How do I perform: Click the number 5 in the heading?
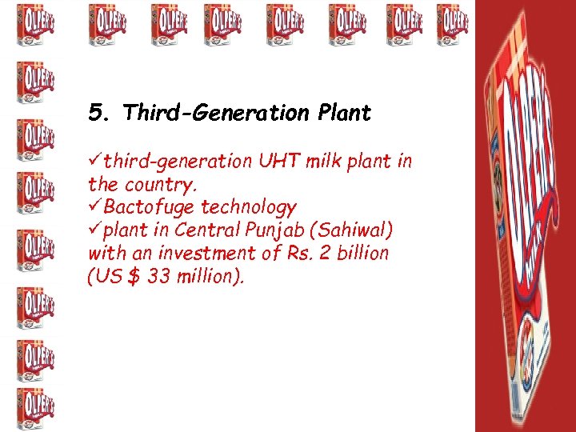coord(96,114)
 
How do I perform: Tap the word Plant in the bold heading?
coord(344,114)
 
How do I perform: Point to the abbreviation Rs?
coord(313,254)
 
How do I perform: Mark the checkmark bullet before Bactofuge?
coord(95,208)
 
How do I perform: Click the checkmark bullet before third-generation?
coord(95,162)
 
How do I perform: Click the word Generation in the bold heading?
coord(249,114)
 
